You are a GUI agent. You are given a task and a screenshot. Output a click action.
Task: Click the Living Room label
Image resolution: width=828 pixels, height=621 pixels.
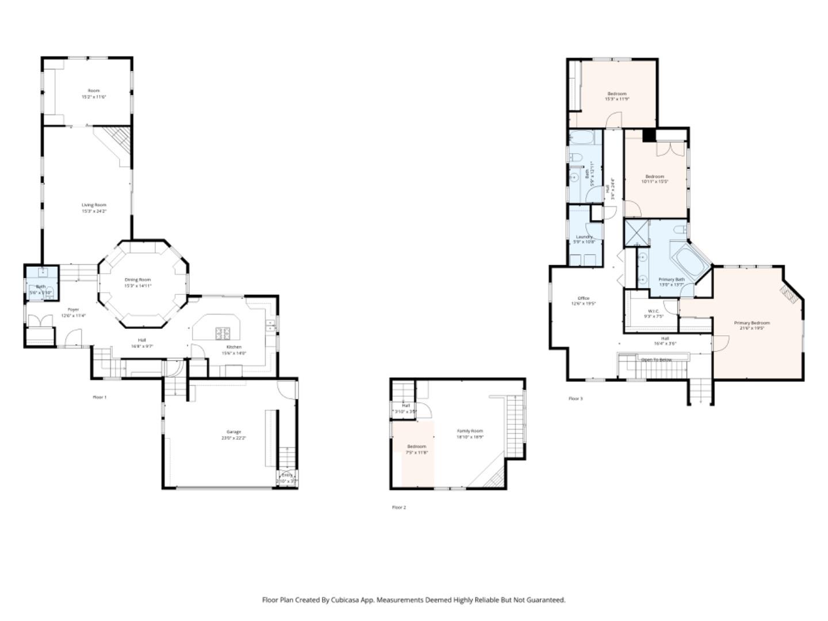tap(94, 205)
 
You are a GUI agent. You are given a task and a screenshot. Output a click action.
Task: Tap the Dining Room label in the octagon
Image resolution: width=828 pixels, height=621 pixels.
tap(137, 280)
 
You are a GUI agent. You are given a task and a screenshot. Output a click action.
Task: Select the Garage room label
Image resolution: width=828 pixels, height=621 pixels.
tap(233, 432)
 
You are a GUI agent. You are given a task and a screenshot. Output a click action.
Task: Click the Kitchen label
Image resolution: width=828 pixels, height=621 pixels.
tap(234, 347)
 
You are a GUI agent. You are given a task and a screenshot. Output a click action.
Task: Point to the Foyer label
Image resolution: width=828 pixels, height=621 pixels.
tap(74, 310)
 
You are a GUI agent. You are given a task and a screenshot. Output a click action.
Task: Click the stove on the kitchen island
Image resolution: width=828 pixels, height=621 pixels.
tap(223, 333)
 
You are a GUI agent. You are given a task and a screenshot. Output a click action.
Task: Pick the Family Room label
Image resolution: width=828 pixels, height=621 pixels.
tap(470, 431)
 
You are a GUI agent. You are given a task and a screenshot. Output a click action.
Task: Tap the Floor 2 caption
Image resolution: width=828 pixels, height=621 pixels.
tap(399, 507)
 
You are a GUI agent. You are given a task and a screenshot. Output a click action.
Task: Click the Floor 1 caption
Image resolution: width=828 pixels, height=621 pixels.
tap(100, 397)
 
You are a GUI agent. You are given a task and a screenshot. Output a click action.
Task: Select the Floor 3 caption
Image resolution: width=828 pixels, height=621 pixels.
tap(576, 398)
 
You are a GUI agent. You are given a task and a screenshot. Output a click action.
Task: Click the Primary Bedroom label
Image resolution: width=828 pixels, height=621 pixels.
tap(752, 323)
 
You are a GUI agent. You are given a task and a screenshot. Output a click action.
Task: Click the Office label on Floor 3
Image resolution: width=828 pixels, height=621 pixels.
tap(583, 298)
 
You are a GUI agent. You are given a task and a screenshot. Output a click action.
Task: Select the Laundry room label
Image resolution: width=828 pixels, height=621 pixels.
tap(584, 237)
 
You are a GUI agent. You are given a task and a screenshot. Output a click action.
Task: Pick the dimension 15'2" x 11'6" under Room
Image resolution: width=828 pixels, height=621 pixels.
tap(94, 97)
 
